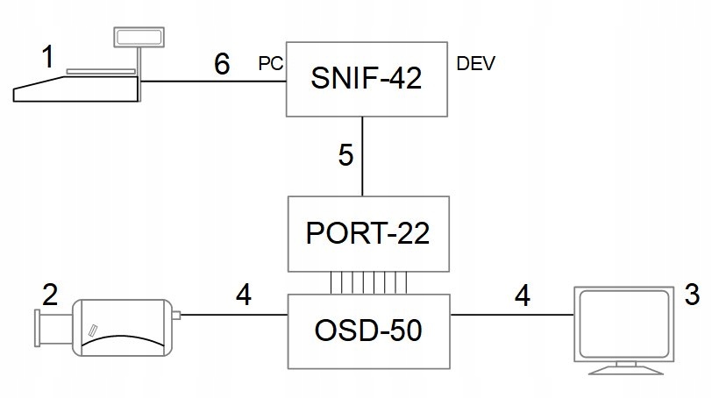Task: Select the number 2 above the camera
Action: click(51, 295)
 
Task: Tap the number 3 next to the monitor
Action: click(692, 295)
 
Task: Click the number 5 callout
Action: click(346, 156)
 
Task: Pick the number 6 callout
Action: click(222, 64)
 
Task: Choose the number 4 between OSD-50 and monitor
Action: click(522, 296)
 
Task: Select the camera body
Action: click(122, 327)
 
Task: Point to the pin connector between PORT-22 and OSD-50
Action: click(368, 282)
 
